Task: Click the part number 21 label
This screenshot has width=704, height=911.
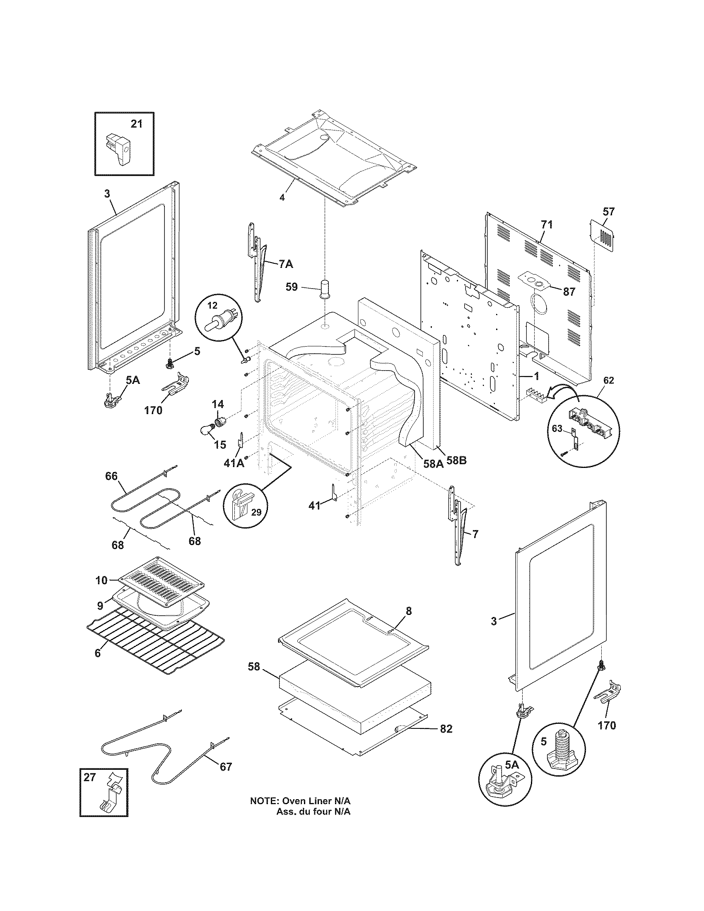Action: pos(136,124)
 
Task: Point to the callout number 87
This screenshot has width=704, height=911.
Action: pos(569,292)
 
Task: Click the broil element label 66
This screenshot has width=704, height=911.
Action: pos(111,476)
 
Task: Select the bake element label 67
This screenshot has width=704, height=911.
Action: pos(226,766)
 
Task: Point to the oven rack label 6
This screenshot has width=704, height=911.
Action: pos(98,653)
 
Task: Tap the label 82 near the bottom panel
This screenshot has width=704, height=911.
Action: pos(446,729)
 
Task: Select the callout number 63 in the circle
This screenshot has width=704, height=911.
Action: pos(557,429)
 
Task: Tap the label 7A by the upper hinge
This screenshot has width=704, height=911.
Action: pos(286,264)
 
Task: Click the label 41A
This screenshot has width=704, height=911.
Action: pos(234,463)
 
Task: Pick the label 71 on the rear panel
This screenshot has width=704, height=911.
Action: pos(546,225)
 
